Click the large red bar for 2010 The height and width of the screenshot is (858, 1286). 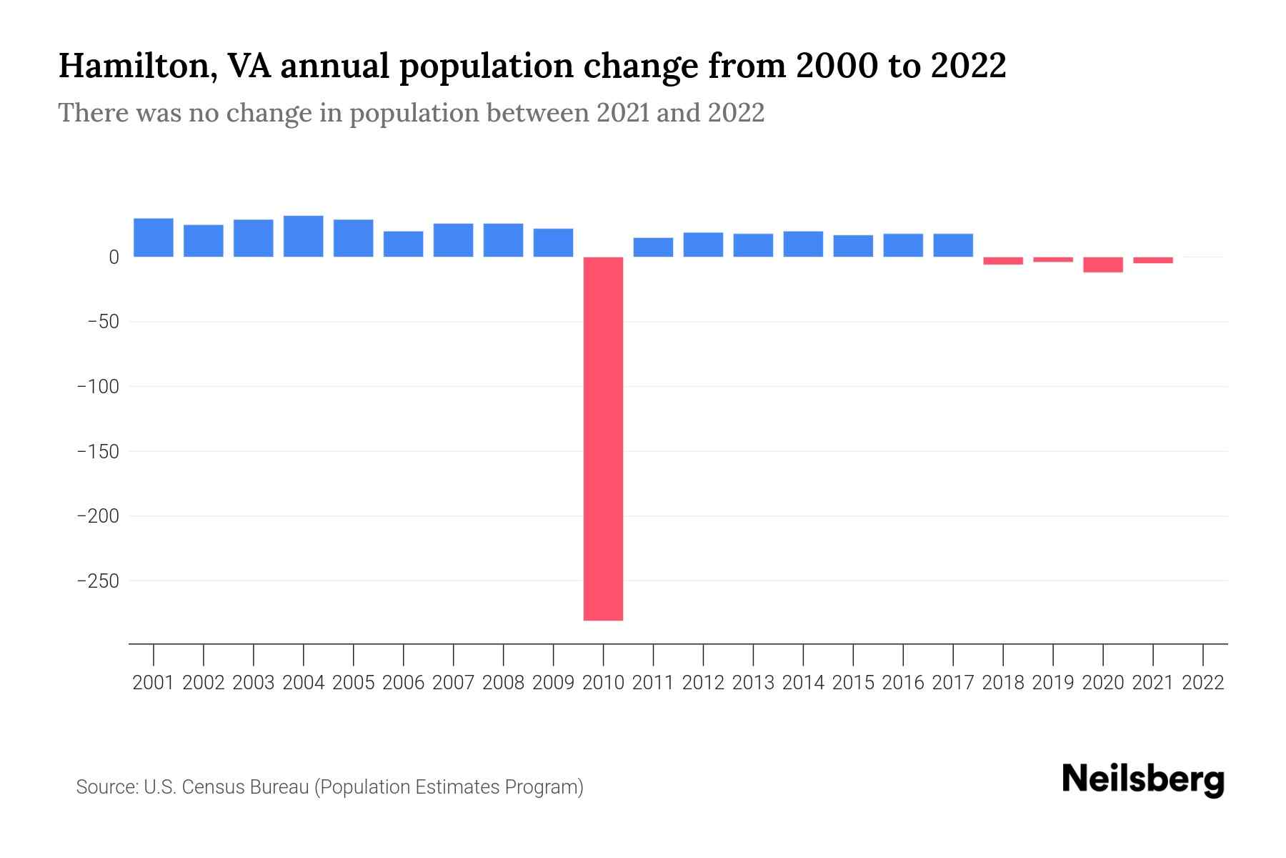tap(603, 438)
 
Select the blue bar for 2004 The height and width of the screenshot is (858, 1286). tap(303, 236)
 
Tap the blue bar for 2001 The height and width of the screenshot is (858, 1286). tap(153, 237)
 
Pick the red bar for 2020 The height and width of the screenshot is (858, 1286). tap(1102, 265)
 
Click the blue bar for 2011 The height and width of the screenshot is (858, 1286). tap(653, 247)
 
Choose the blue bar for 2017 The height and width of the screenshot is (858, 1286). tap(952, 245)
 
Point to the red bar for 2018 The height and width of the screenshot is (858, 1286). tap(1002, 261)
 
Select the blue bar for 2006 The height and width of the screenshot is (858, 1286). tap(403, 244)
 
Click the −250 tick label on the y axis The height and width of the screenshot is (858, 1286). tap(98, 581)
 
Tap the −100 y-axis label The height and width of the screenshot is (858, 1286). tap(98, 387)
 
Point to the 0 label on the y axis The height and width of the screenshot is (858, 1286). tap(113, 257)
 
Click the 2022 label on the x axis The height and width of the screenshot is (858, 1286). tap(1202, 683)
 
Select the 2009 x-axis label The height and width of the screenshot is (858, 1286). tap(553, 683)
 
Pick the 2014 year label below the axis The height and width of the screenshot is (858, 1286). tap(803, 683)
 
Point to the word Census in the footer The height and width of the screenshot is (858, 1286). tap(213, 787)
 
